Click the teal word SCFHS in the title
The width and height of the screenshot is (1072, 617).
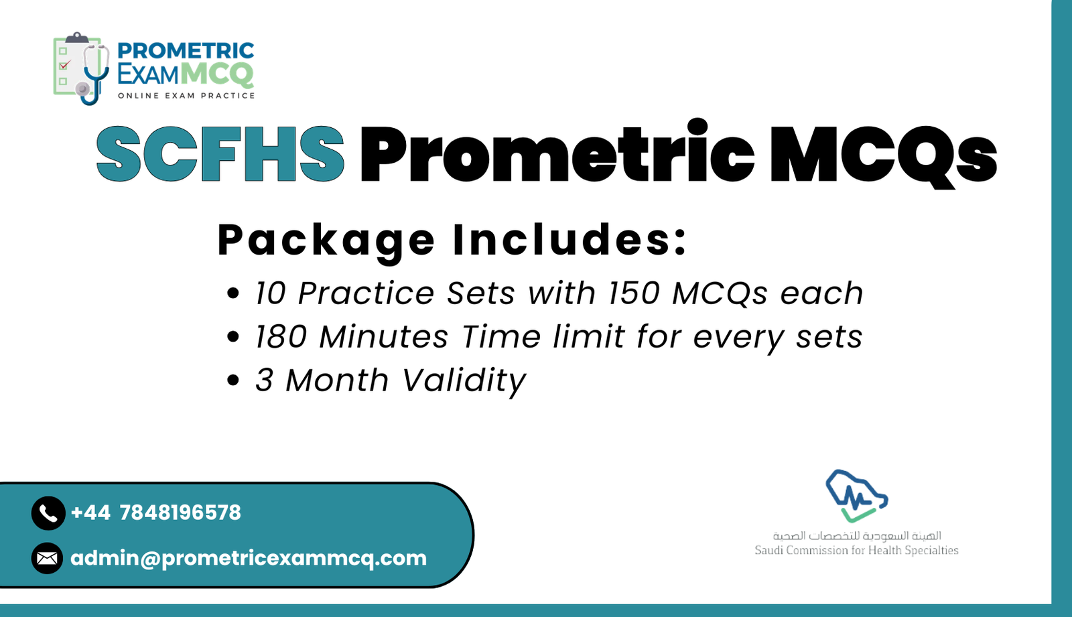(220, 154)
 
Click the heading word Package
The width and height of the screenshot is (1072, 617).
(326, 240)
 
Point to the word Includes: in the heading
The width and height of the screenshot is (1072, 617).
(569, 239)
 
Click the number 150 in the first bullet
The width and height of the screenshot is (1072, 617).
(634, 293)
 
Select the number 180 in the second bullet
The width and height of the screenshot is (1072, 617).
(281, 336)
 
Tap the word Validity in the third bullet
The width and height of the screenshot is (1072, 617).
(464, 381)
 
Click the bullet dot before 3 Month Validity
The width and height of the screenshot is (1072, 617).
(232, 381)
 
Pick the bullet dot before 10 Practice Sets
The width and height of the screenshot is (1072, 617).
(232, 293)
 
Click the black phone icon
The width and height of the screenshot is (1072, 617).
(48, 513)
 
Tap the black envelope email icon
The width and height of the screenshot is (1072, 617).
(47, 558)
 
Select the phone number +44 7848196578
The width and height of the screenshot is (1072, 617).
(155, 512)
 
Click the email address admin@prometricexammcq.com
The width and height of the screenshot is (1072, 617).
(248, 558)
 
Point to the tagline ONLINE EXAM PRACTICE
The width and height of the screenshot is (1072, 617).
(186, 96)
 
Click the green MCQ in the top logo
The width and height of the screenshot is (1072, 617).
(217, 74)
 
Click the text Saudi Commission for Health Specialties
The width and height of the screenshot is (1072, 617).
(856, 550)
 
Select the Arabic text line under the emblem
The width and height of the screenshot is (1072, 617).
(857, 536)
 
